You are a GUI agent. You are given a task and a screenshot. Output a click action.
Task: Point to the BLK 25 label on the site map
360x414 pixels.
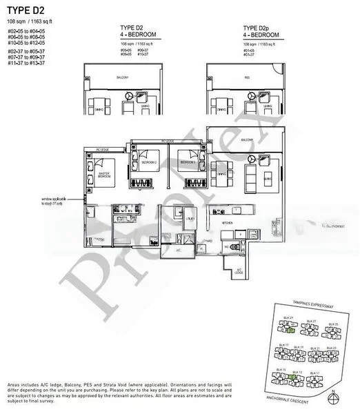[333, 323]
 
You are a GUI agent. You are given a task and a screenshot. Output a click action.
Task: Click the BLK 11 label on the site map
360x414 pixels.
[317, 373]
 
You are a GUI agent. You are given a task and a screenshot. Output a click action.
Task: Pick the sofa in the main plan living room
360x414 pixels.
[265, 172]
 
